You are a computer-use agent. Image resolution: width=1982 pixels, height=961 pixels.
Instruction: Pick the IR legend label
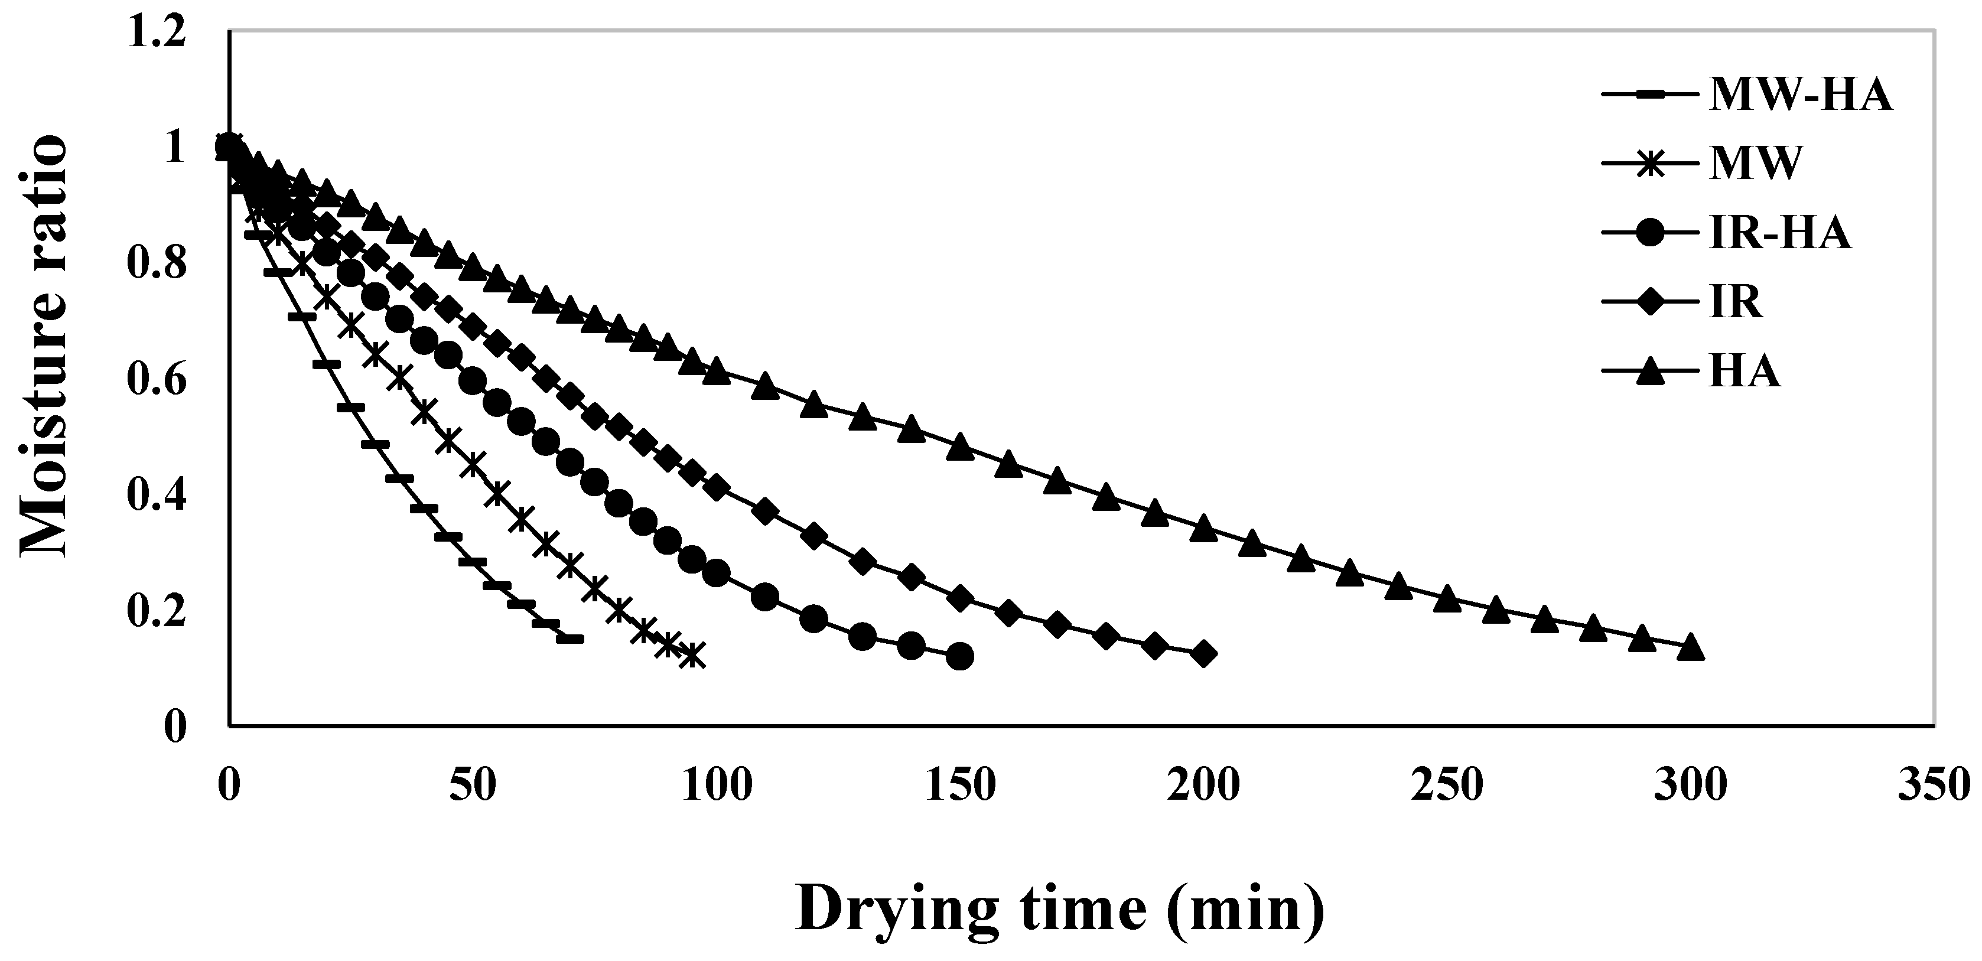tap(1735, 302)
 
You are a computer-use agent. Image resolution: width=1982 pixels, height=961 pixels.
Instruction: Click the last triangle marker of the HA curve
tap(1690, 649)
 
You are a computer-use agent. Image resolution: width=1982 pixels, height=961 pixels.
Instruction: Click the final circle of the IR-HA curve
tap(959, 656)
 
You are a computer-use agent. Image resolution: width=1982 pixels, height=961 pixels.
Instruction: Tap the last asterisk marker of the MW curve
tap(692, 656)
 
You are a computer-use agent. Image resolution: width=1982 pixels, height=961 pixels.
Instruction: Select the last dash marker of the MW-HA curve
tap(570, 639)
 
